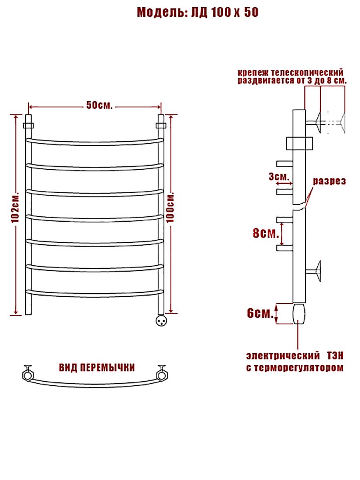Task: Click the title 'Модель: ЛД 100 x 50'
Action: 198,12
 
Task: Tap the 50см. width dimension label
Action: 100,106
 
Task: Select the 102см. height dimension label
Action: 16,208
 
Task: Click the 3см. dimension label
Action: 279,177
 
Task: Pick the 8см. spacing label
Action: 266,234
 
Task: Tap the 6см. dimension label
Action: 260,313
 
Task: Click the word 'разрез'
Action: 329,182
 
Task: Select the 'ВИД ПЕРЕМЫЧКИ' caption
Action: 97,368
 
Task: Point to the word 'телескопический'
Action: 307,73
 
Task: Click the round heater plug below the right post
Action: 161,320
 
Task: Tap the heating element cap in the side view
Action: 299,314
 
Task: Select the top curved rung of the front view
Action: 95,142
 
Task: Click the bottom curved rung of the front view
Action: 95,294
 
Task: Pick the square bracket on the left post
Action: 28,126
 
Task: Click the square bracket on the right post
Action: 161,126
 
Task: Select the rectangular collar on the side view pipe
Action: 300,144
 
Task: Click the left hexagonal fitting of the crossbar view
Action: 28,376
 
